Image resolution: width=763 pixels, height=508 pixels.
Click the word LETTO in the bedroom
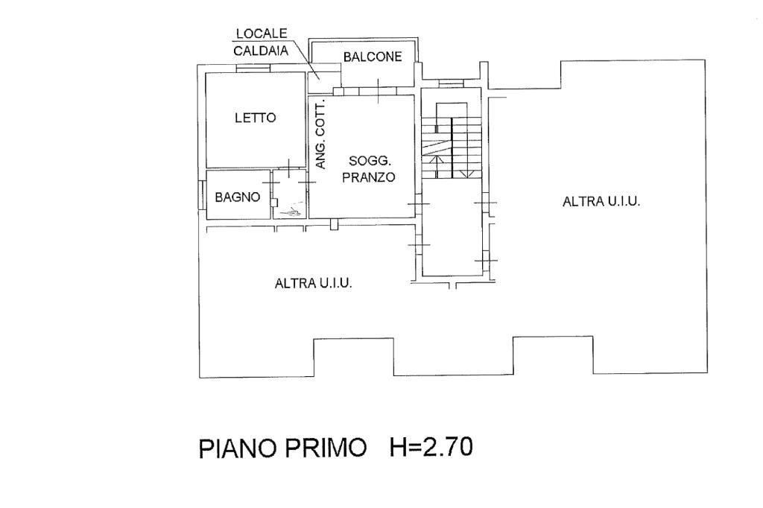[x=255, y=118]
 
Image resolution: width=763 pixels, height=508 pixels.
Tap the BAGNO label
[x=237, y=197]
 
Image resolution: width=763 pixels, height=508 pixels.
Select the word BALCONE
[x=373, y=57]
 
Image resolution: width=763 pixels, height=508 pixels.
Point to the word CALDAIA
[x=257, y=51]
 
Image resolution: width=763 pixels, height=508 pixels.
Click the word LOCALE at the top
[x=258, y=34]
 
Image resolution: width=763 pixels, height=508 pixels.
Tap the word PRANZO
[x=371, y=178]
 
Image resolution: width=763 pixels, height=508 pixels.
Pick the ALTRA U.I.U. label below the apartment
[x=314, y=283]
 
